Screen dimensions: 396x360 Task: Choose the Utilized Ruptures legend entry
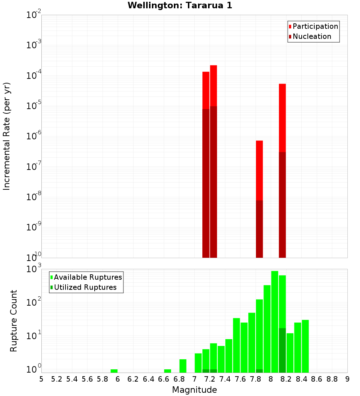(x=85, y=287)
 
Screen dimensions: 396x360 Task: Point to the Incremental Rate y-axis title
(x=6, y=136)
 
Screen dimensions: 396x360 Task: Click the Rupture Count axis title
(x=14, y=320)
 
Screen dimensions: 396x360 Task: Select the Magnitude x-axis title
(x=194, y=390)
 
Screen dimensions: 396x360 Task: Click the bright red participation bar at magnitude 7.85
(x=259, y=169)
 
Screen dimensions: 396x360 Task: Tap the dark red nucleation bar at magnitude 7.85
(x=259, y=229)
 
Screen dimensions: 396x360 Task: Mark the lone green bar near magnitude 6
(x=114, y=371)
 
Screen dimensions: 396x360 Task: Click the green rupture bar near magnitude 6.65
(x=167, y=371)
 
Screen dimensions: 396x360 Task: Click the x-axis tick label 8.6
(x=317, y=379)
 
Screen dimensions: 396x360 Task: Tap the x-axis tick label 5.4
(x=72, y=379)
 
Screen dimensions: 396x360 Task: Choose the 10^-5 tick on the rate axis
(x=33, y=106)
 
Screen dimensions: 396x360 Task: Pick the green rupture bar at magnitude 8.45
(x=305, y=346)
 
